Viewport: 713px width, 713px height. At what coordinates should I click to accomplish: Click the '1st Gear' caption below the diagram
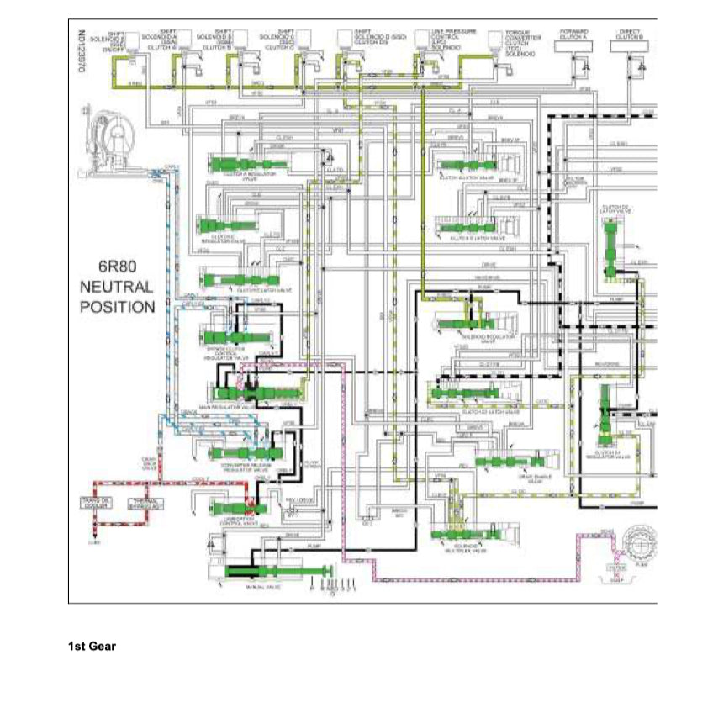click(x=92, y=647)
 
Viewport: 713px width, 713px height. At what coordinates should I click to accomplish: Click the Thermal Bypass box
click(x=145, y=504)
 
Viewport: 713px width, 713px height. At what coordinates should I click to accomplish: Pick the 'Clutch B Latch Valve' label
click(x=470, y=238)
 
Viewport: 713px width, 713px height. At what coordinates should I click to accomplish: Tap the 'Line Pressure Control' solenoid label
click(x=445, y=38)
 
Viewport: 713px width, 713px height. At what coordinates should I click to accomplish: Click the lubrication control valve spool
click(x=232, y=508)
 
